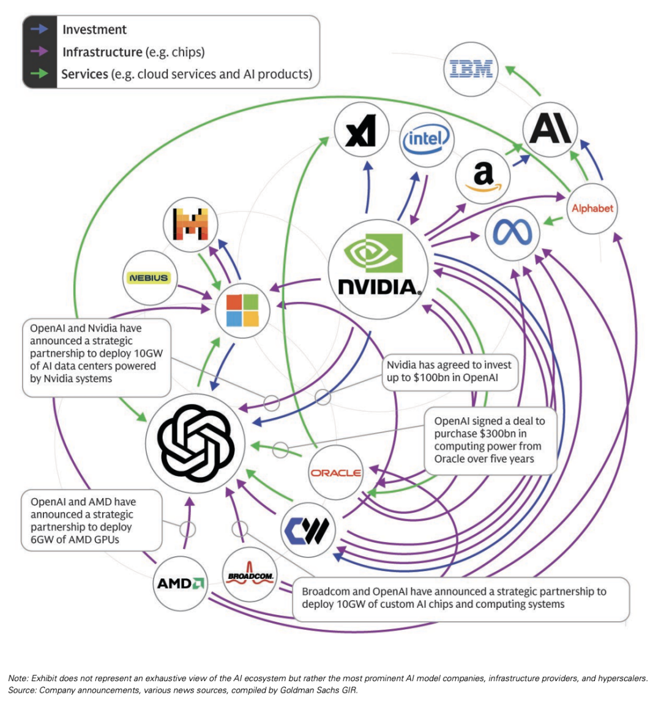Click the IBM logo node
(x=471, y=69)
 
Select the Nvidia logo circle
(x=378, y=270)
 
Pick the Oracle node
(x=335, y=472)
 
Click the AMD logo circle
(x=179, y=583)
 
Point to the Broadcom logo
(x=250, y=576)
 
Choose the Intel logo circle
(x=426, y=139)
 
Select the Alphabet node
(x=592, y=208)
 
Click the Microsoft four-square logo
(x=242, y=311)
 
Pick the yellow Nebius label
(x=149, y=278)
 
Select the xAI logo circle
(x=361, y=131)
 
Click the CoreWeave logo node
(x=308, y=530)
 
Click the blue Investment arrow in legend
(x=40, y=29)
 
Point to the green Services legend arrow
(x=40, y=74)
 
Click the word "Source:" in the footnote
(x=22, y=690)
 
